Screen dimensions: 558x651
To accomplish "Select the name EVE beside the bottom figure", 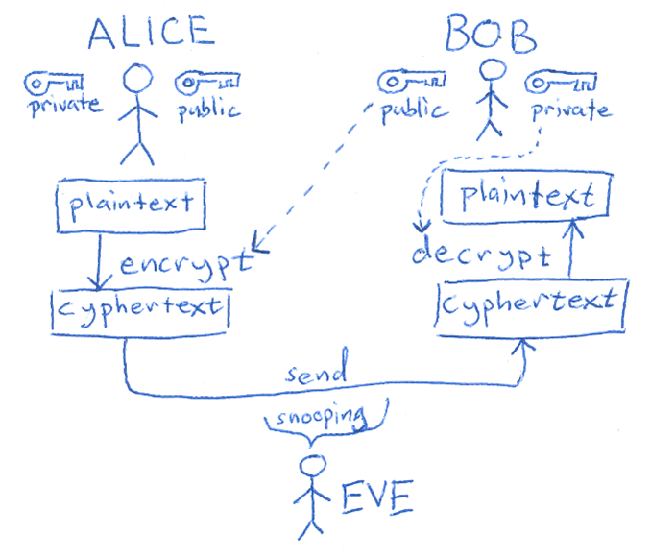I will [x=376, y=497].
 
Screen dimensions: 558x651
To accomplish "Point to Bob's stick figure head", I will [x=492, y=69].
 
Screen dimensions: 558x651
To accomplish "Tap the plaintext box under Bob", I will [x=524, y=198].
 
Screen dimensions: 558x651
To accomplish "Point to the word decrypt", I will [x=480, y=255].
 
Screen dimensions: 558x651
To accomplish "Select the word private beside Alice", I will [x=62, y=105].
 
